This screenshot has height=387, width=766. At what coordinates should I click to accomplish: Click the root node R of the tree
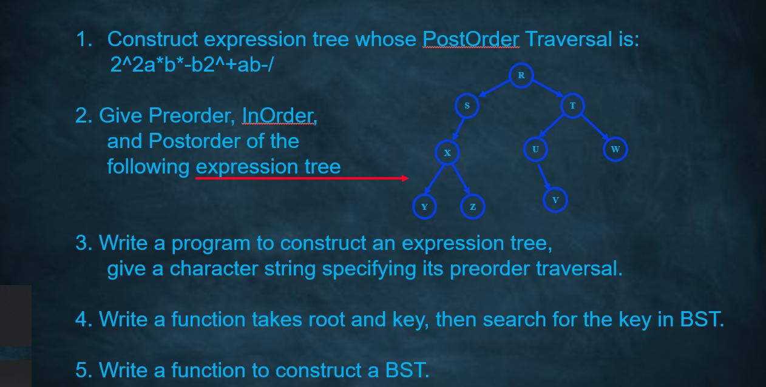click(521, 75)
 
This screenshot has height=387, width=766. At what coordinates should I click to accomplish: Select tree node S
click(467, 106)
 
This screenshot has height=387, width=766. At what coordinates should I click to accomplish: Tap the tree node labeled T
click(572, 106)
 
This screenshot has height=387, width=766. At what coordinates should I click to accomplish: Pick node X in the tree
click(447, 152)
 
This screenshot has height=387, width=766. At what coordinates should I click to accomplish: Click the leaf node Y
click(424, 207)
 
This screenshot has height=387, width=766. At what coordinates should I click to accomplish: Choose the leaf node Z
click(473, 207)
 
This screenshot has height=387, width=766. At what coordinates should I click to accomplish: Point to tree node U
click(535, 149)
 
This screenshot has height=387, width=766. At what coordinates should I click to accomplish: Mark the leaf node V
click(555, 200)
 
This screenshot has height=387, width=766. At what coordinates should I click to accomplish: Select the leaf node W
click(615, 149)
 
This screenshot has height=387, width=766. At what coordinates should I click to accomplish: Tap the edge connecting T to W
click(595, 128)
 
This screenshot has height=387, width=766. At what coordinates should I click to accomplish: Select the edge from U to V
click(544, 175)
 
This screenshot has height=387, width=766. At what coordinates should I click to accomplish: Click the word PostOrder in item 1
click(471, 39)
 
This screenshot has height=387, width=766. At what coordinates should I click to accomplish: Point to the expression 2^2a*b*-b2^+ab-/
click(192, 64)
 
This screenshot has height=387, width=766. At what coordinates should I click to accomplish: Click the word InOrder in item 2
click(279, 115)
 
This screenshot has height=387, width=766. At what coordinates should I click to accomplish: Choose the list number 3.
click(84, 243)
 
